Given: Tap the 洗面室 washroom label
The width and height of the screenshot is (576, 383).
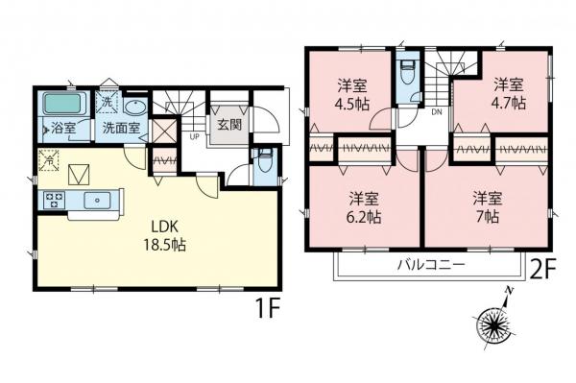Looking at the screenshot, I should pos(122,126).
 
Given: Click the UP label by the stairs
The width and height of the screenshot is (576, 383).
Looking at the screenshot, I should pos(194,135).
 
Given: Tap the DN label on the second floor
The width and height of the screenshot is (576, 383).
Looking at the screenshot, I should pos(435,112).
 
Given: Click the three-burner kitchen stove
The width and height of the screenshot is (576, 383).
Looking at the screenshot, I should pos(54,200).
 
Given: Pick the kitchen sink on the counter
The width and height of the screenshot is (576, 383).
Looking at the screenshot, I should pos(96,201).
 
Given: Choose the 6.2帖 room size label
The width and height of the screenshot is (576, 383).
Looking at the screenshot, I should pos(362,216).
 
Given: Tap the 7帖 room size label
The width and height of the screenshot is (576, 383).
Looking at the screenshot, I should pos(487,216).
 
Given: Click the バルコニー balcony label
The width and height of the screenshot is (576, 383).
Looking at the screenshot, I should pos(429,264).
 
